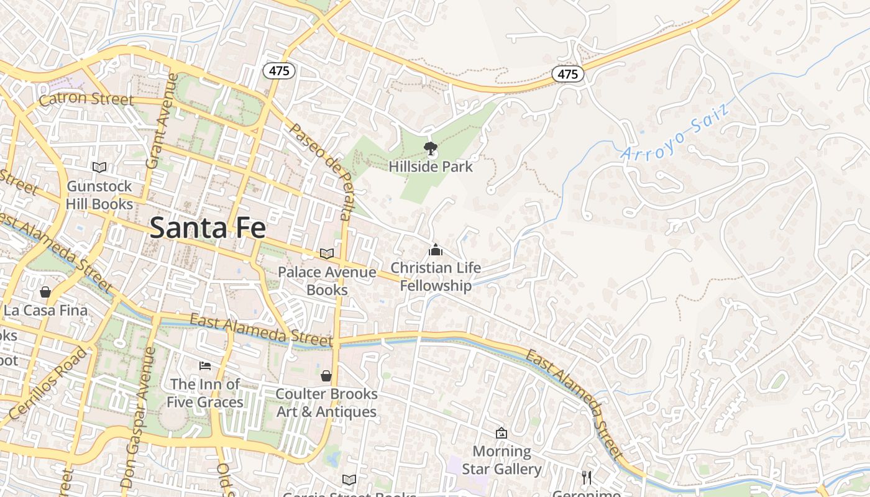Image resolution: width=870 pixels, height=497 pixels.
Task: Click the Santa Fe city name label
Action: (208, 227)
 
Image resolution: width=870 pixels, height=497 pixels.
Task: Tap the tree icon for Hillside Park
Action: (430, 148)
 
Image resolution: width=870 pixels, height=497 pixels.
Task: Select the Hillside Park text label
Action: (431, 167)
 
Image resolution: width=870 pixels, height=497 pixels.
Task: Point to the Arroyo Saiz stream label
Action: (674, 134)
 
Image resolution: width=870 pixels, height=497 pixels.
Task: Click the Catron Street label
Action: (86, 99)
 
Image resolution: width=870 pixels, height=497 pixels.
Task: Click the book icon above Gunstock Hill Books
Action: (99, 167)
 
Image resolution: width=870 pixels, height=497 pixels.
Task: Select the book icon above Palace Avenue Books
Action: (327, 253)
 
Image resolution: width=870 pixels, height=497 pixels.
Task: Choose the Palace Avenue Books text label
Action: (327, 281)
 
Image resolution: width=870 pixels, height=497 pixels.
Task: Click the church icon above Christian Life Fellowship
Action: (436, 250)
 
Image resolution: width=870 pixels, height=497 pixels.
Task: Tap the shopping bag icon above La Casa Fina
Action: (45, 291)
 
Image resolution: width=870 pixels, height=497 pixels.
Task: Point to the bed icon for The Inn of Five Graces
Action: (205, 366)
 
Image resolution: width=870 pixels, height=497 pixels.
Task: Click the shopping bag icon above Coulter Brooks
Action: (326, 376)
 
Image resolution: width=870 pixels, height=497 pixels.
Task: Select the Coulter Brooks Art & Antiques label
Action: (326, 403)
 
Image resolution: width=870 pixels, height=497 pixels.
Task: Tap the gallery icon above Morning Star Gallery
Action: (501, 433)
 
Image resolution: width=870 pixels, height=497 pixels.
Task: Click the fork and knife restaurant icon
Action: (586, 477)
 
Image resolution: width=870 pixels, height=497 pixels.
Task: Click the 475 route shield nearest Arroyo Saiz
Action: (568, 74)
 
